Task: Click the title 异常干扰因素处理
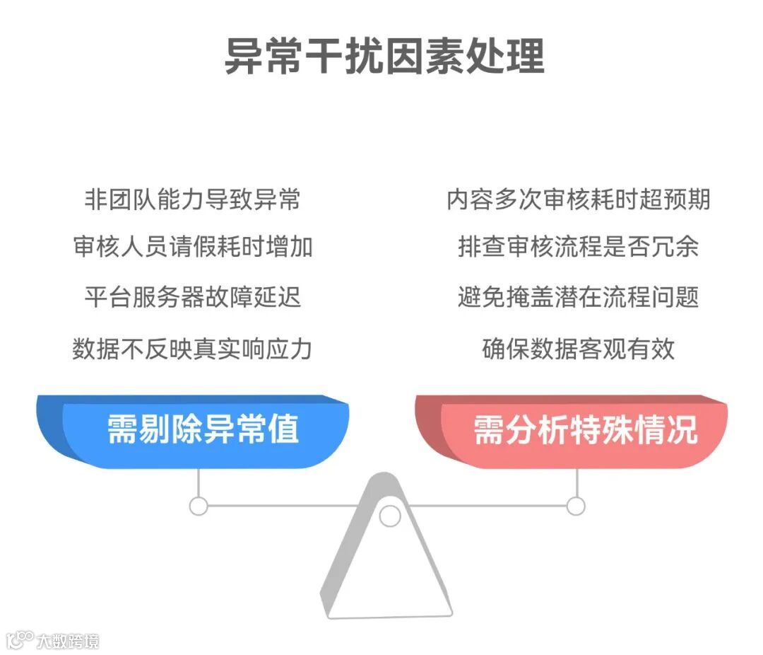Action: click(384, 57)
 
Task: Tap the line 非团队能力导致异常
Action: click(192, 199)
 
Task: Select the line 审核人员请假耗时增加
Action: click(192, 247)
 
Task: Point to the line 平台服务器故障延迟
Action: click(192, 296)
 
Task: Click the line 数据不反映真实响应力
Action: click(192, 349)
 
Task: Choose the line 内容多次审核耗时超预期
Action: click(578, 199)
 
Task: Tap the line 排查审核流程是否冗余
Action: click(578, 247)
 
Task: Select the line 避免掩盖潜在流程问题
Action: click(578, 296)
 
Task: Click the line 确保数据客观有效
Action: click(578, 349)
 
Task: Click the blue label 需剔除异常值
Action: click(202, 429)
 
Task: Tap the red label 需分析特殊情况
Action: click(585, 429)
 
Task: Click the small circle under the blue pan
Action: click(199, 506)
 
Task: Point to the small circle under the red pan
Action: click(576, 506)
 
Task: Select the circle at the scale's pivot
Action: click(389, 516)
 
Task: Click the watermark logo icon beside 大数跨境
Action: click(20, 639)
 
